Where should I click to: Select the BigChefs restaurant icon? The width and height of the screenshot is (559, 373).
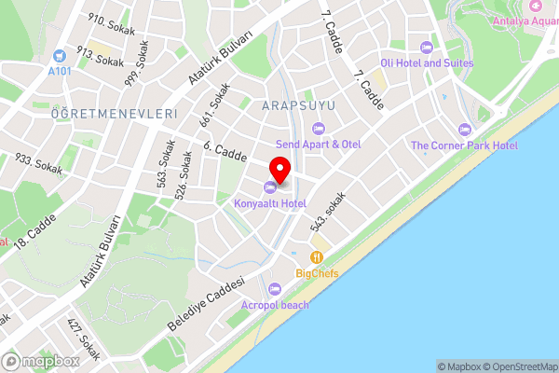click(317, 256)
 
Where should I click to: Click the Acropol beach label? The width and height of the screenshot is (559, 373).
click(274, 305)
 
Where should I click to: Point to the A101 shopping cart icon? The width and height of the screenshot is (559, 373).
click(60, 56)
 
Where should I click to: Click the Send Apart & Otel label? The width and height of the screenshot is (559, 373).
click(318, 144)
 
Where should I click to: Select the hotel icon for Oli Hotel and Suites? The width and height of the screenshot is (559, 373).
click(427, 48)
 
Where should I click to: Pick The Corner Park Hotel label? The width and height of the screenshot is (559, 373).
click(464, 145)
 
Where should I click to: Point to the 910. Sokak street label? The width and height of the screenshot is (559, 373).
click(105, 21)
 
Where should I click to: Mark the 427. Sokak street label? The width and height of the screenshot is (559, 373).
click(84, 338)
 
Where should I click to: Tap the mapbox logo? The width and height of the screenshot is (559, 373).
click(41, 361)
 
